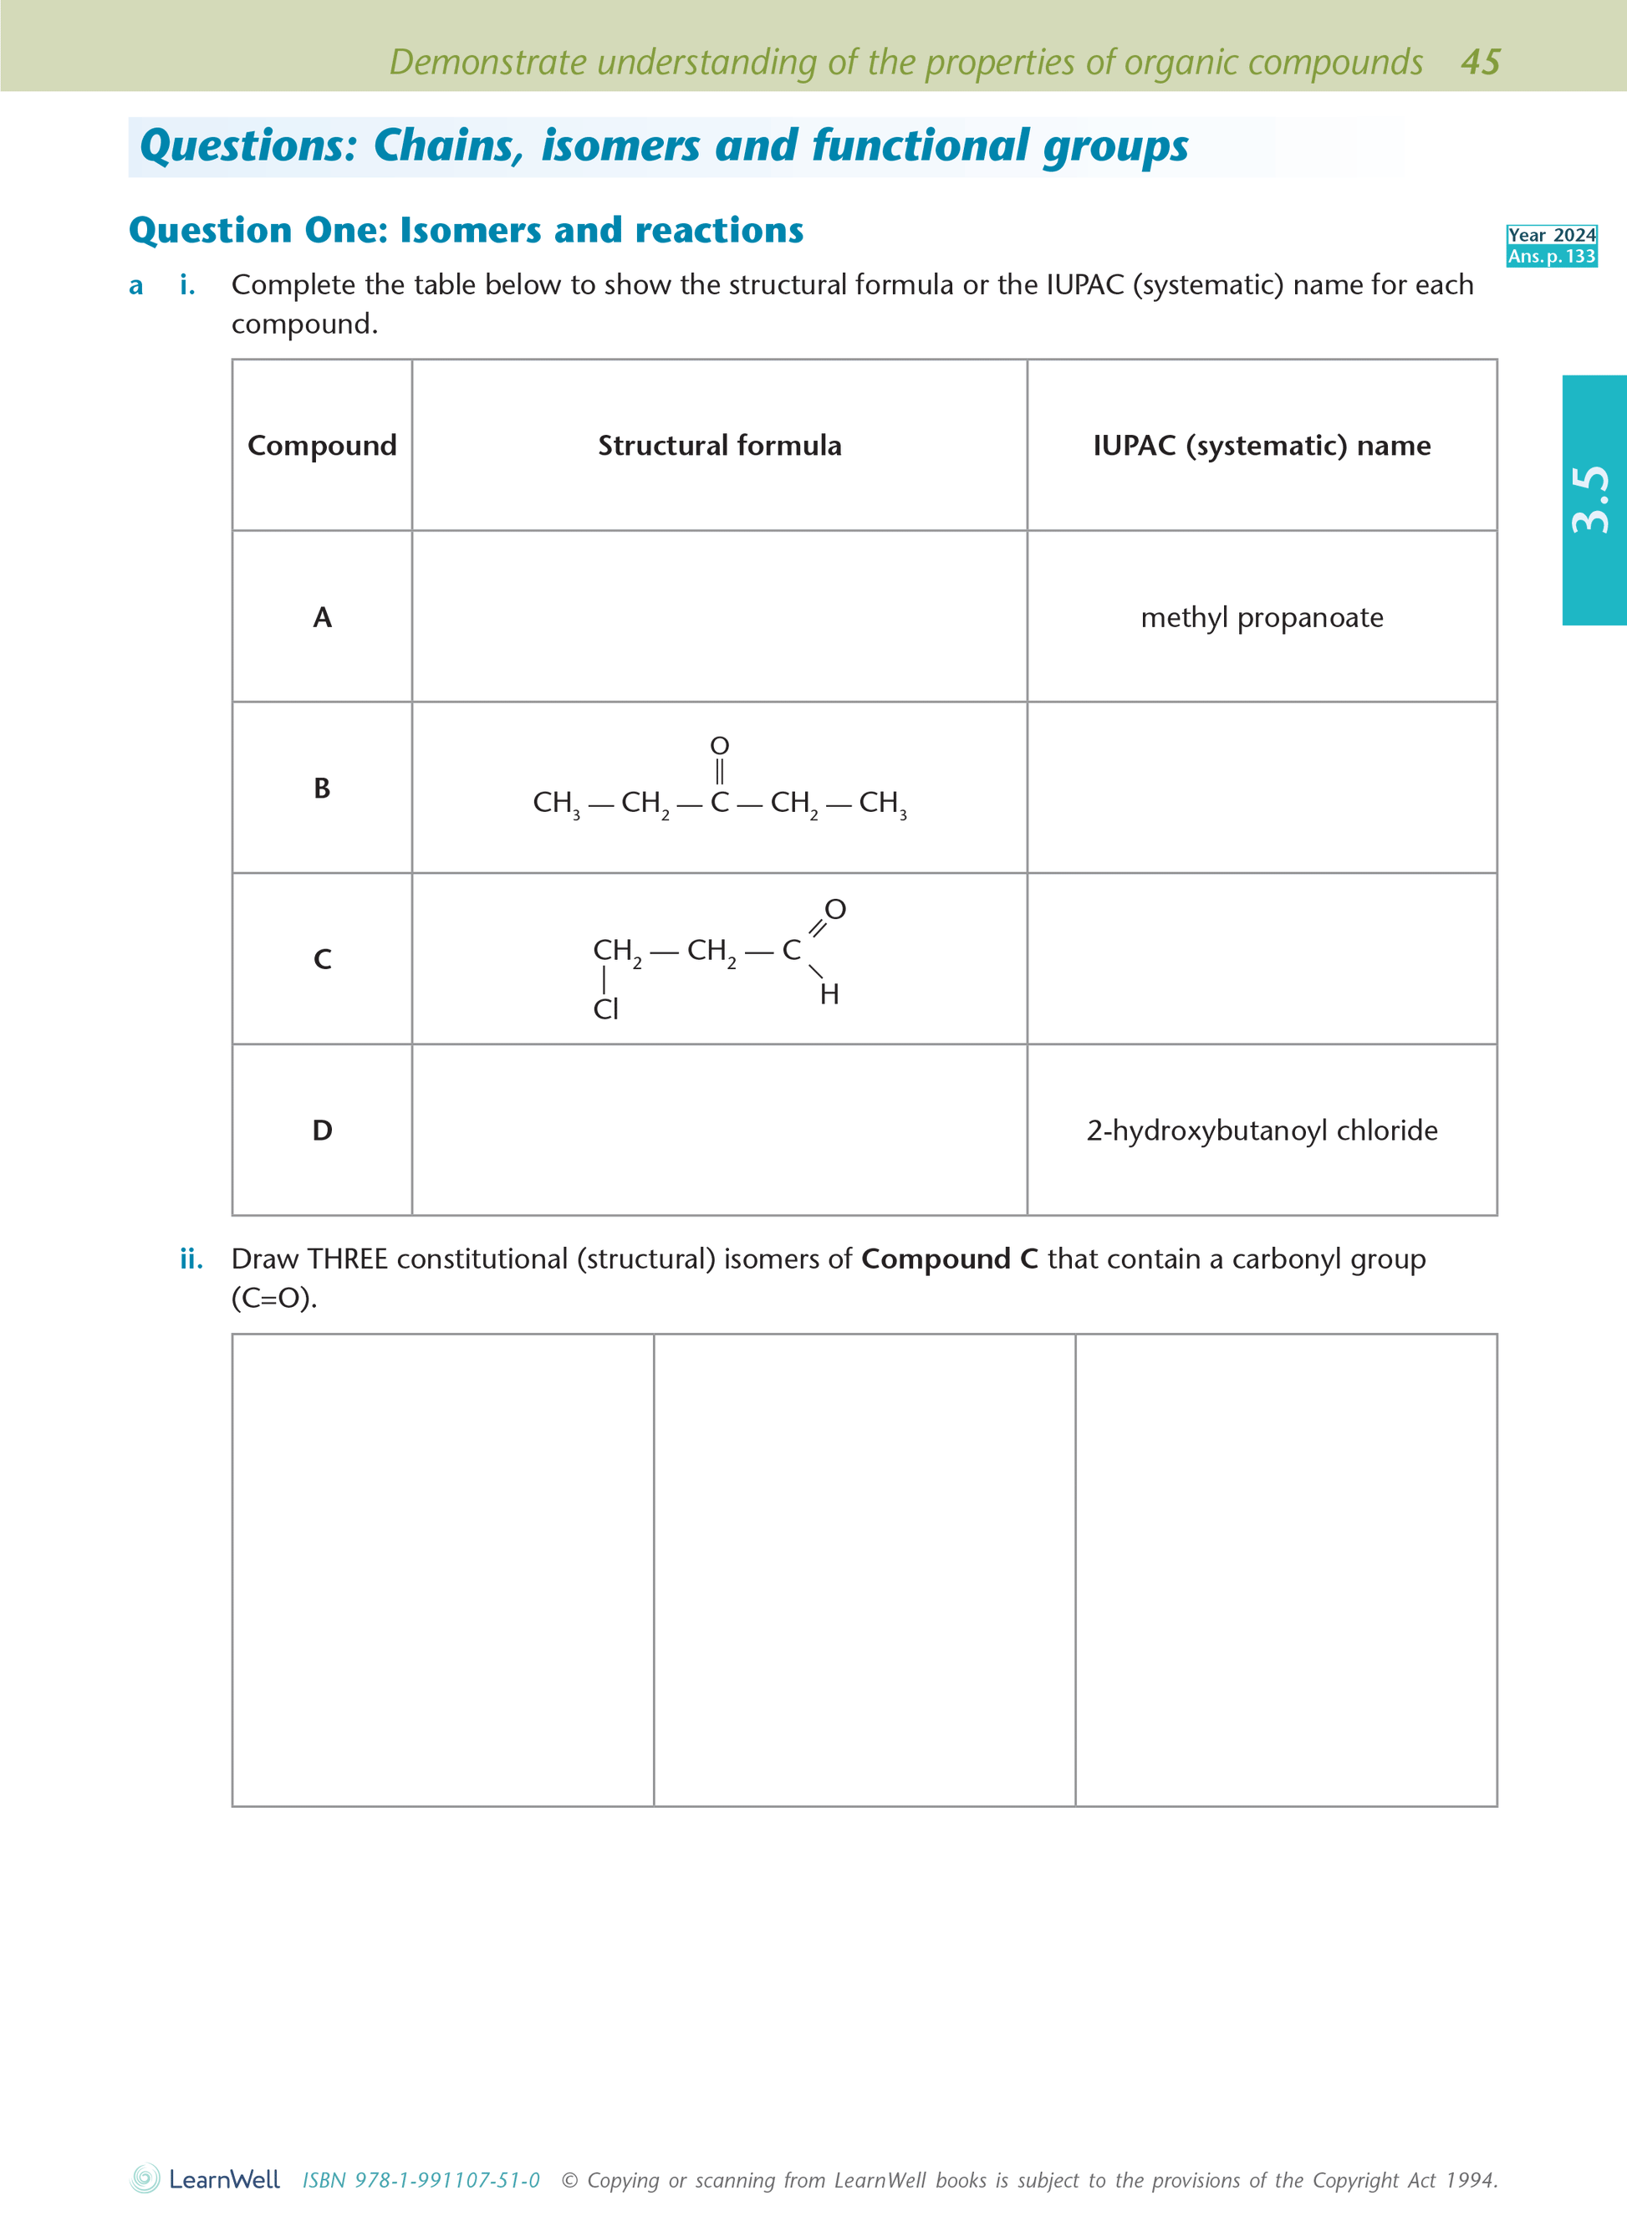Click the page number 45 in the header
(x=1480, y=62)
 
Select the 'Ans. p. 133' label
(x=1551, y=256)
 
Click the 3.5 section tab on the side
(x=1592, y=499)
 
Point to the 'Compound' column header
(x=322, y=445)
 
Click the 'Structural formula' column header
(x=719, y=445)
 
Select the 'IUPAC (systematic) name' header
(x=1262, y=445)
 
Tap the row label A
(x=322, y=618)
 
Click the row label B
(x=322, y=788)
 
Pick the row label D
(x=322, y=1130)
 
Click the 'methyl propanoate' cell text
(x=1262, y=618)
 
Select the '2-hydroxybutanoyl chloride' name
(x=1262, y=1130)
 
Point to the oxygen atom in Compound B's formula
(x=720, y=746)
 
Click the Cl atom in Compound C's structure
(x=605, y=1009)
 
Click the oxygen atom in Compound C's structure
(x=835, y=909)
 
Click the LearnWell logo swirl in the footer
(x=145, y=2177)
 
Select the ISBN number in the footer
(x=421, y=2180)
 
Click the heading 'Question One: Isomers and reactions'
(x=466, y=231)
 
